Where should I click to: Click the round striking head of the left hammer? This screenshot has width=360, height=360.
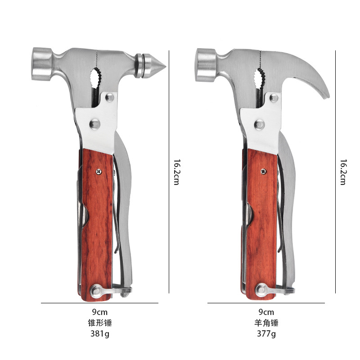(42, 64)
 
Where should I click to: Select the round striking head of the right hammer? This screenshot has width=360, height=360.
(206, 65)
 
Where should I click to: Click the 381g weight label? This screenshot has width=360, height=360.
(100, 333)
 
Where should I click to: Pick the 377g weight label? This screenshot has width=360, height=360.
(266, 333)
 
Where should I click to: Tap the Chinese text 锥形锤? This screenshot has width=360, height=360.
(100, 323)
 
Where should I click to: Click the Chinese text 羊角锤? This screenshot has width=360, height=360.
(266, 323)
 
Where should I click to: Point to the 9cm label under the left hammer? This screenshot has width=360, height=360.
(100, 312)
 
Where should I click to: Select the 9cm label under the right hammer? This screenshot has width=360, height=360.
(266, 312)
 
